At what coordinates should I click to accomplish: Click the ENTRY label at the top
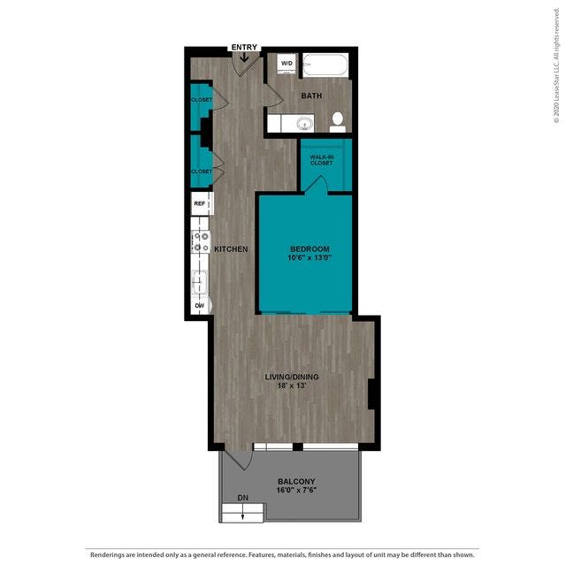click(244, 47)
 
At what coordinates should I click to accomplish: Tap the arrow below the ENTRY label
click(244, 57)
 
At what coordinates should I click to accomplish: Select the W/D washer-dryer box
click(286, 64)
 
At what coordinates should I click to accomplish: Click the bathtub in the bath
click(326, 65)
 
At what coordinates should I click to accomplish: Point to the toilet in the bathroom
click(337, 121)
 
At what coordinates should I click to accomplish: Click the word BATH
click(311, 95)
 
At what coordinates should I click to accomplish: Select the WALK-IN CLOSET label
click(321, 159)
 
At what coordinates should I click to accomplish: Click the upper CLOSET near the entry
click(202, 101)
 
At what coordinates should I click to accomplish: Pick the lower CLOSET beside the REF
click(202, 171)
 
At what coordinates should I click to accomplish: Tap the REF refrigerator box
click(200, 203)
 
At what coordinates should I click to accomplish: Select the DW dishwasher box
click(200, 306)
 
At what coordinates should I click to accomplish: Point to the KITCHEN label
click(231, 249)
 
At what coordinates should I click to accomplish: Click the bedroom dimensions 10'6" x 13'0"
click(304, 258)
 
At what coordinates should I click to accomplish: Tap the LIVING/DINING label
click(292, 377)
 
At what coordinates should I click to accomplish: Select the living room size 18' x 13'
click(292, 386)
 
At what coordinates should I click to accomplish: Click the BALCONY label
click(295, 482)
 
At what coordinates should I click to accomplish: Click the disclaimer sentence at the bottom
click(282, 554)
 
